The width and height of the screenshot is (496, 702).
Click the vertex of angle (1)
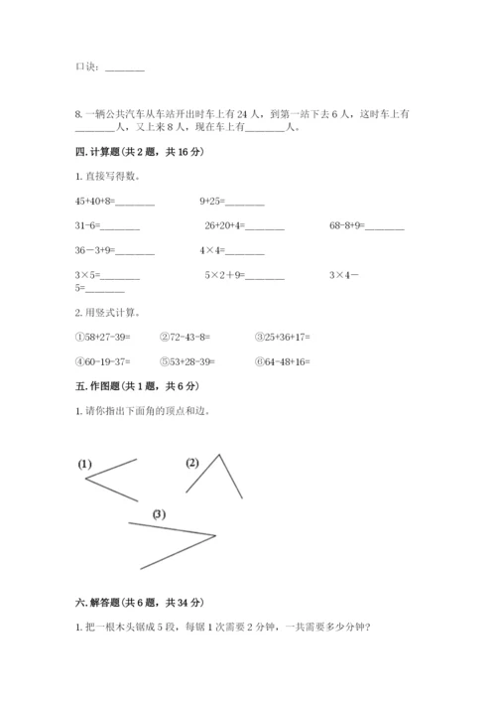86,480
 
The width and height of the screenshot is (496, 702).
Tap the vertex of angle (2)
219,455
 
